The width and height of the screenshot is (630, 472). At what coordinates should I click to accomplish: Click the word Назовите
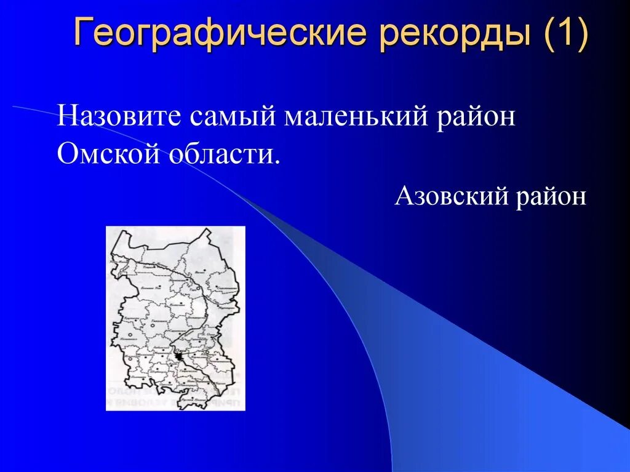[x=120, y=116]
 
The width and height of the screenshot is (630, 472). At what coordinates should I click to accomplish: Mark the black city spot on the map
[x=178, y=356]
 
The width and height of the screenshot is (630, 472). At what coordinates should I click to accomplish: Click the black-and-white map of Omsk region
[x=175, y=318]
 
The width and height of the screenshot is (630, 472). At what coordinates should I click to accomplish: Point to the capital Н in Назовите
[x=66, y=116]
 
